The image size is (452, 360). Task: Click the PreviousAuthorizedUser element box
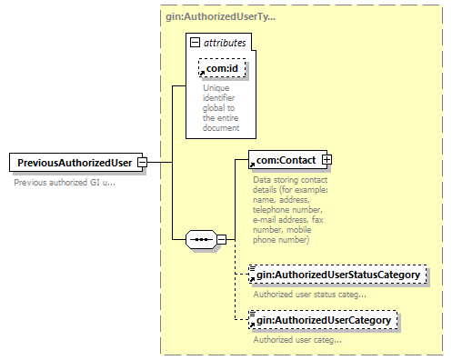click(x=75, y=163)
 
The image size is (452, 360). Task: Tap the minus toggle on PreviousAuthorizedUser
click(x=142, y=163)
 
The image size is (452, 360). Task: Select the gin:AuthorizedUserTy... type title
click(x=221, y=16)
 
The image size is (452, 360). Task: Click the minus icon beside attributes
click(x=195, y=43)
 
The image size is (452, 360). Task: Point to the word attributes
click(x=225, y=43)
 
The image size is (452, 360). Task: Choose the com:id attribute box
click(x=222, y=68)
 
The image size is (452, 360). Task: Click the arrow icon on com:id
click(x=202, y=73)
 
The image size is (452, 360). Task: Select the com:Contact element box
click(x=287, y=159)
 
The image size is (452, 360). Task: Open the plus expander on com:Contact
click(x=326, y=159)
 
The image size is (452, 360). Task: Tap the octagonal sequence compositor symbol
click(x=201, y=240)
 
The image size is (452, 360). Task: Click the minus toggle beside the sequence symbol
click(x=222, y=240)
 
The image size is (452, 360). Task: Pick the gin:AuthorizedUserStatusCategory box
click(x=337, y=275)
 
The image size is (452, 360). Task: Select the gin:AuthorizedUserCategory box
click(x=323, y=320)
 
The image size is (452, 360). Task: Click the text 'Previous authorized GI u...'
click(x=65, y=183)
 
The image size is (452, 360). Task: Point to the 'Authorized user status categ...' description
click(x=309, y=295)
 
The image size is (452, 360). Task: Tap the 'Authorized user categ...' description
click(x=297, y=340)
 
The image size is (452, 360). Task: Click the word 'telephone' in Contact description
click(x=270, y=210)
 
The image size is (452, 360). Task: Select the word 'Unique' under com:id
click(x=216, y=88)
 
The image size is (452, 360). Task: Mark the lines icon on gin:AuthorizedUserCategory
click(x=252, y=314)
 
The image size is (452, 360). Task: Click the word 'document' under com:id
click(x=221, y=128)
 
